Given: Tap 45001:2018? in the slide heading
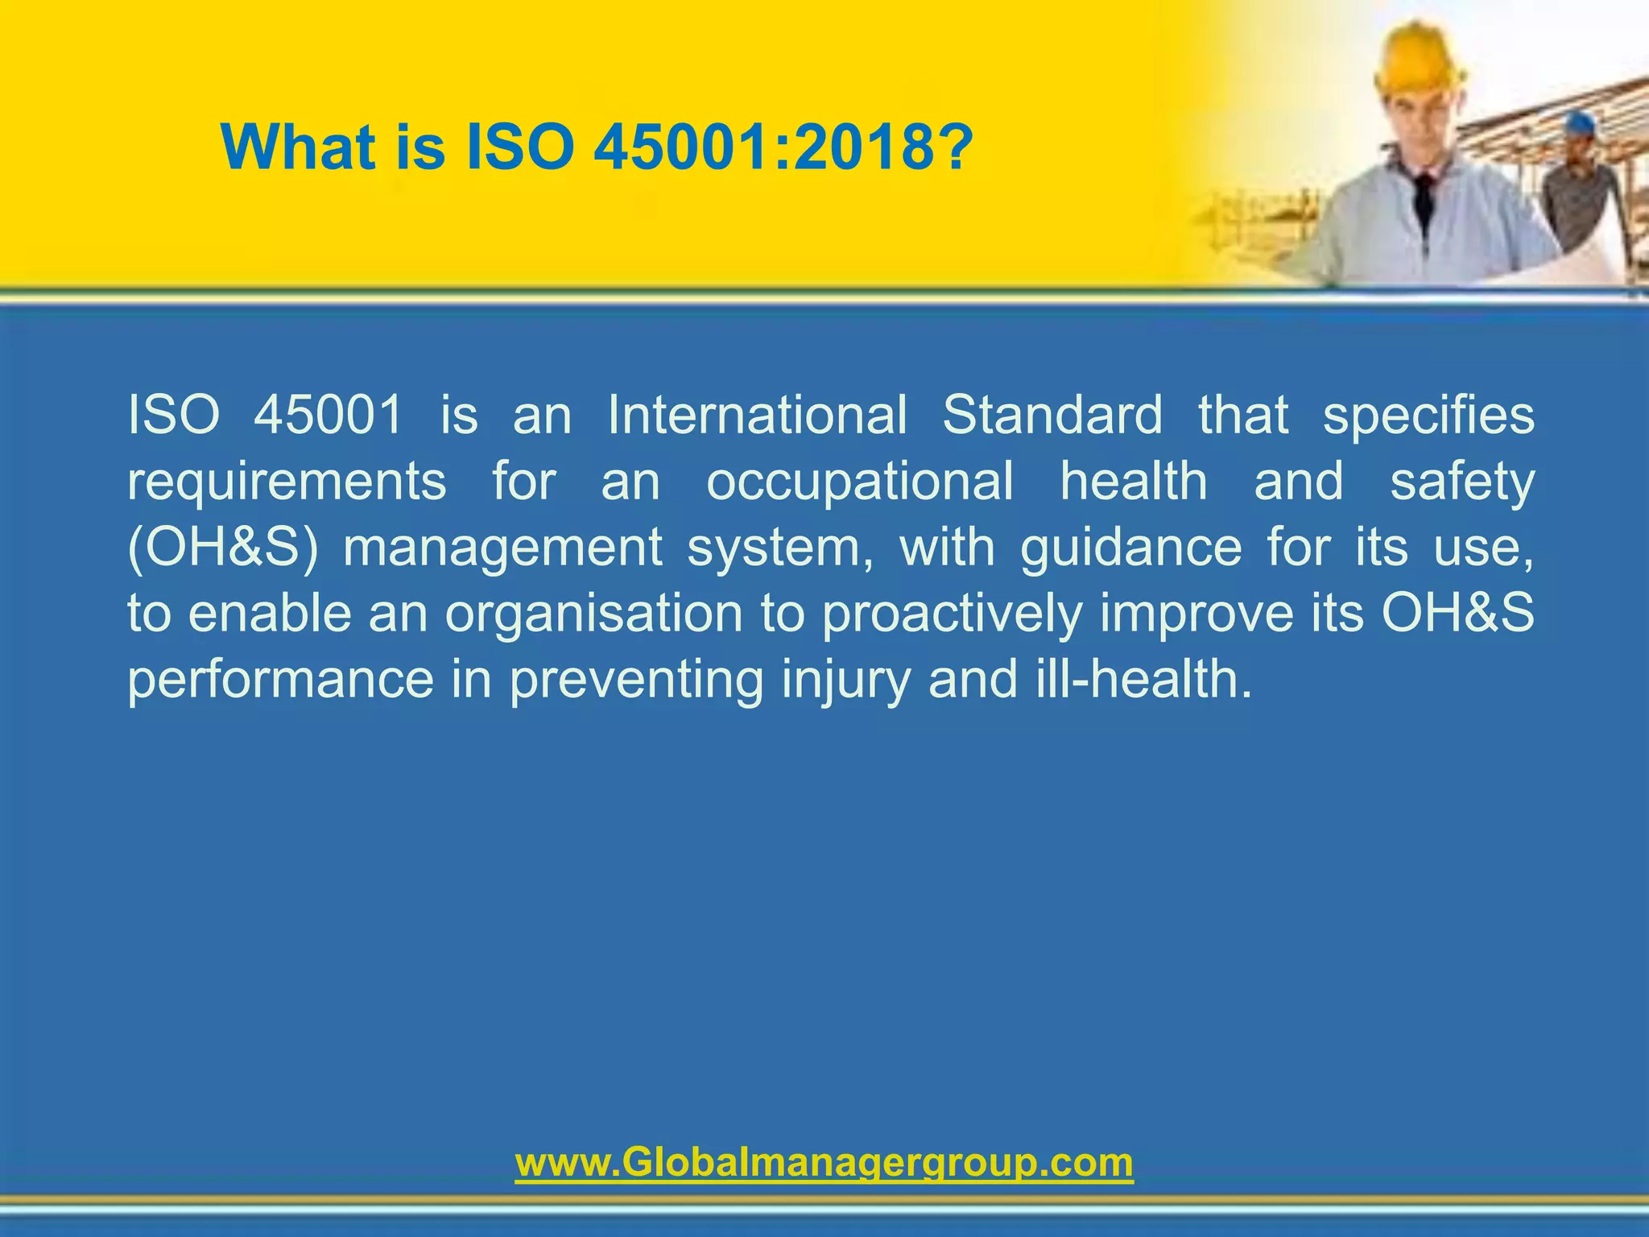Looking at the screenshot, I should pyautogui.click(x=783, y=147).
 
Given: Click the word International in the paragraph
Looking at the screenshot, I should pyautogui.click(x=757, y=416).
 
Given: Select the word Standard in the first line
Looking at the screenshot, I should pyautogui.click(x=1052, y=416).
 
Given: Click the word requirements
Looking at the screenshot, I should pyautogui.click(x=287, y=482).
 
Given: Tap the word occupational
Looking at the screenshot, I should pyautogui.click(x=859, y=482).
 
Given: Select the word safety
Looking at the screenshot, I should pyautogui.click(x=1462, y=482).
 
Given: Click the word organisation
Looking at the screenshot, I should pyautogui.click(x=593, y=614).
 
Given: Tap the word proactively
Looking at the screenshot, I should pyautogui.click(x=952, y=614).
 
